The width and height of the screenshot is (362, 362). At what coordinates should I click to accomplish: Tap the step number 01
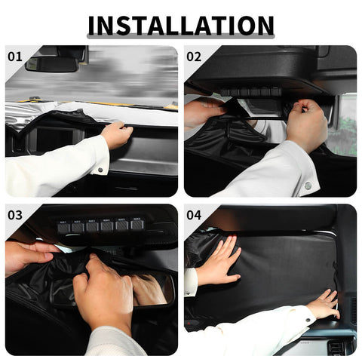15,56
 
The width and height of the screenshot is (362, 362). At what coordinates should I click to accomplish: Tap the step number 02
194,56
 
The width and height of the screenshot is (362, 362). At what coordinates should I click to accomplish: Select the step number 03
15,214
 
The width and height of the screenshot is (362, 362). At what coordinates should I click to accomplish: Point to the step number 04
194,214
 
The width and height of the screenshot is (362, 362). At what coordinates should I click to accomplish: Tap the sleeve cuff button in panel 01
99,171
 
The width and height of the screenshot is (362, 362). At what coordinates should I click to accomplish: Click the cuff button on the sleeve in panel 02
307,186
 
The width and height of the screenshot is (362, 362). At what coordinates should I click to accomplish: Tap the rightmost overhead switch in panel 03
137,225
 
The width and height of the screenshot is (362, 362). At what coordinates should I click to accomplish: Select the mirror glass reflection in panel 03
151,289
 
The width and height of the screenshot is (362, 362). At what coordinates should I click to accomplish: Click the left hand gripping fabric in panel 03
30,256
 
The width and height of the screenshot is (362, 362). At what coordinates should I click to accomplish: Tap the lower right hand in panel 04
322,305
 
